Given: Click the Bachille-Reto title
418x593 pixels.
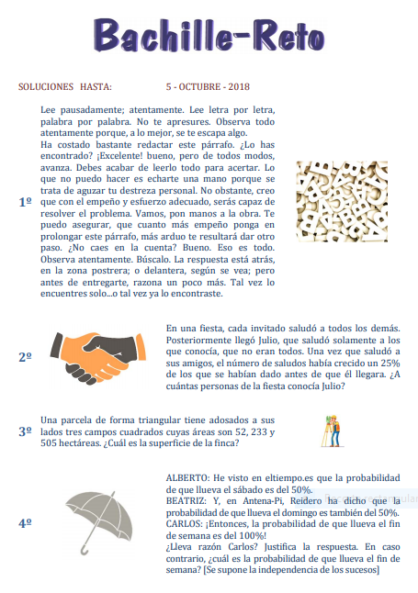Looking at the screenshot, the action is [x=209, y=35].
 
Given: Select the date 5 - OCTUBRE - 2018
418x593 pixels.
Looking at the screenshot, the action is [x=208, y=86].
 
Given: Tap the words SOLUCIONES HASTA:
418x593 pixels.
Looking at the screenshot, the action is [x=65, y=86].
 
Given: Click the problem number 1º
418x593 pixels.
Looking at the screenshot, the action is [x=25, y=202].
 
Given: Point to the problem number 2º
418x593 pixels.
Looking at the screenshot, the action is [x=25, y=357].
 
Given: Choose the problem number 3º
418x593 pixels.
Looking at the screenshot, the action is [x=25, y=431].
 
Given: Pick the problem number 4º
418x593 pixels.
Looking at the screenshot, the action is [x=25, y=523].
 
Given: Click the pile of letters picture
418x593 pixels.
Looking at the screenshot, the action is [x=342, y=202].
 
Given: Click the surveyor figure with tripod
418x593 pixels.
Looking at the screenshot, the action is [x=333, y=431].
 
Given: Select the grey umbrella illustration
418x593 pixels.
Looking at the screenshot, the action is [x=99, y=522].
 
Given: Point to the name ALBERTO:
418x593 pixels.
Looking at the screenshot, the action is [x=187, y=478].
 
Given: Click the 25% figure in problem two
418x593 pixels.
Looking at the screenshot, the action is [x=390, y=364].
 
